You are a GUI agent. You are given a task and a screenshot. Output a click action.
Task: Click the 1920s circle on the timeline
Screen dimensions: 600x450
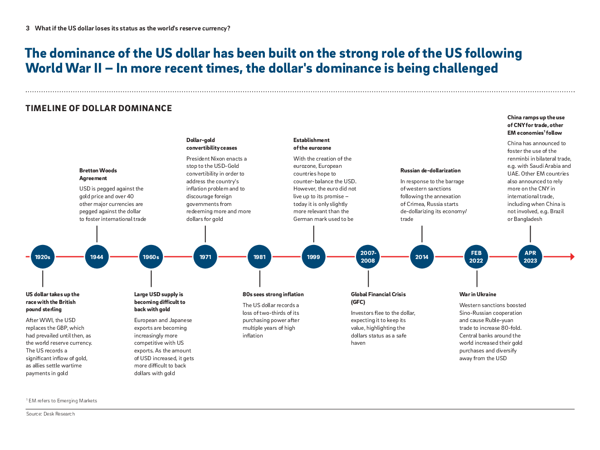click(43, 257)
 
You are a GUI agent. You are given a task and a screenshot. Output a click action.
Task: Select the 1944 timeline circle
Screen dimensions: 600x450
click(97, 257)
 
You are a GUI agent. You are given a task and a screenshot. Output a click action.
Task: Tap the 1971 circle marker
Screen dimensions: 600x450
click(205, 257)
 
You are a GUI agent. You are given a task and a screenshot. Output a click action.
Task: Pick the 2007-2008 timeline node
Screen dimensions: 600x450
click(368, 257)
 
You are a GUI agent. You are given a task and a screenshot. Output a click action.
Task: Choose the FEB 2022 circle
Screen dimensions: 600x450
click(476, 257)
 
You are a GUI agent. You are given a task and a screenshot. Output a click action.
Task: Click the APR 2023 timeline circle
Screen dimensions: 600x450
click(530, 257)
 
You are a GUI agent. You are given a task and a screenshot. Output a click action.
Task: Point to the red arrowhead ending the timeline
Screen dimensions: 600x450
click(572, 257)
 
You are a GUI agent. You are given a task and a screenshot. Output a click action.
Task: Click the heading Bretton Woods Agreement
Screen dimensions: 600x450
click(98, 175)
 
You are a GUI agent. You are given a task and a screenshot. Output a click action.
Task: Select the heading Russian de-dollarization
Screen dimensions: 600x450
click(430, 171)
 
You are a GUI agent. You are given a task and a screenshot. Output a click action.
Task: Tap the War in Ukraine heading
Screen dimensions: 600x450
click(478, 294)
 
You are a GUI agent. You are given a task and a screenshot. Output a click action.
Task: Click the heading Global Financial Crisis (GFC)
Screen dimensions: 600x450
click(378, 298)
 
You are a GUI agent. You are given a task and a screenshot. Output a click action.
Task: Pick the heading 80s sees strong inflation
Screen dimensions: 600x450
click(273, 294)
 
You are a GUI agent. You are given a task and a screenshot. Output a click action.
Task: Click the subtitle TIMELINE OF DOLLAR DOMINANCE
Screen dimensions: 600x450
click(99, 108)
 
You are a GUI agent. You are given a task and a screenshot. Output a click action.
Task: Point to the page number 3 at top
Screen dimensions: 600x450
click(28, 29)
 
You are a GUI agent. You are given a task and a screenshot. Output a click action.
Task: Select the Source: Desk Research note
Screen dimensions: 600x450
click(50, 414)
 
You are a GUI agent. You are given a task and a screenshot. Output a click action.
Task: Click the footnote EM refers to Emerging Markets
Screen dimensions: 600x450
click(62, 401)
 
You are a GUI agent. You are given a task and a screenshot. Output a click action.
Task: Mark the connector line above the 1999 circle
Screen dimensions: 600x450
click(313, 234)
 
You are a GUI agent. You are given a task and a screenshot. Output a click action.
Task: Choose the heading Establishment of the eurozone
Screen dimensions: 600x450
click(312, 144)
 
